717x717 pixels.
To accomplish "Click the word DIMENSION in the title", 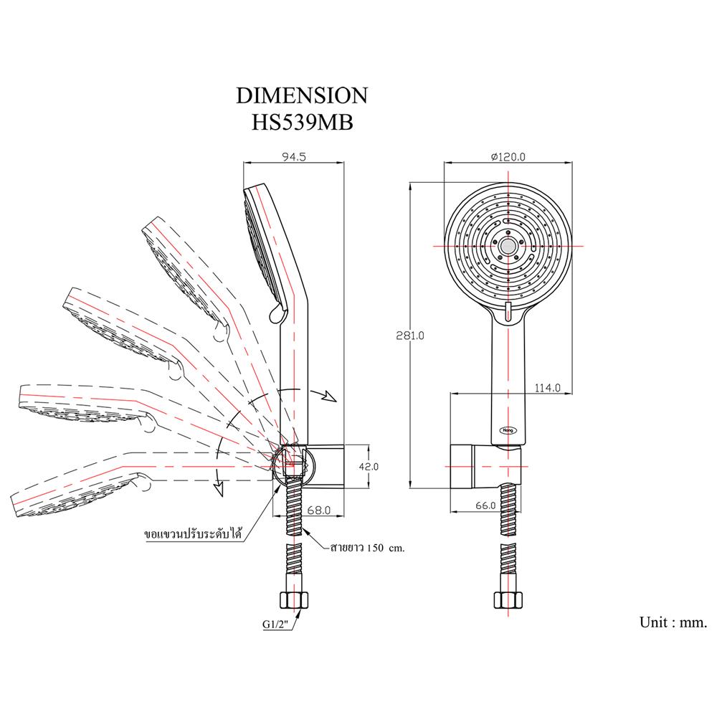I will coord(302,96).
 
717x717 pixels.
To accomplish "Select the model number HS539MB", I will coord(302,121).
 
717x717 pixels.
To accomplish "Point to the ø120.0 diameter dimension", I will coord(508,156).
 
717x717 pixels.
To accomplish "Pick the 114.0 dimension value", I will coord(546,387).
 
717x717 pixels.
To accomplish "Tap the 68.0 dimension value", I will coord(318,511).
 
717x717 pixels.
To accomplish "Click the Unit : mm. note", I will coord(673,622).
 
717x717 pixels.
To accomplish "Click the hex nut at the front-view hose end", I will coord(508,600).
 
